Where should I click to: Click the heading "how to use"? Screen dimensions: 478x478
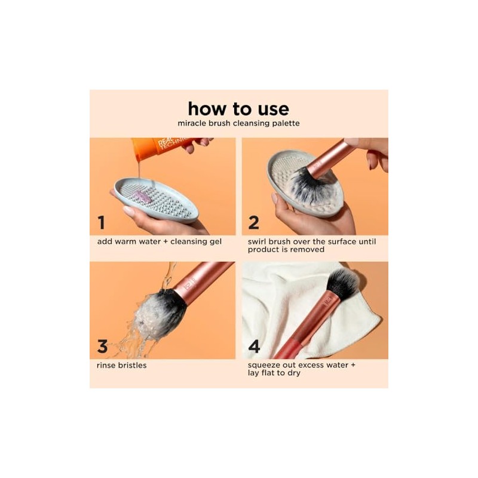point(238,109)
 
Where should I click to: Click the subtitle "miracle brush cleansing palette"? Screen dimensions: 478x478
point(238,123)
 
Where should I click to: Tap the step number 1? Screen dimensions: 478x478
point(101,222)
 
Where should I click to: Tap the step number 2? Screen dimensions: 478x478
point(253,222)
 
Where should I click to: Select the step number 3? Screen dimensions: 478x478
point(102,346)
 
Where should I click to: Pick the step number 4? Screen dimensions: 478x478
point(254,346)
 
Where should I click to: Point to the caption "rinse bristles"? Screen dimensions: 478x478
point(122,365)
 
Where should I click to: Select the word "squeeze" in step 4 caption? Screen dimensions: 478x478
point(264,365)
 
